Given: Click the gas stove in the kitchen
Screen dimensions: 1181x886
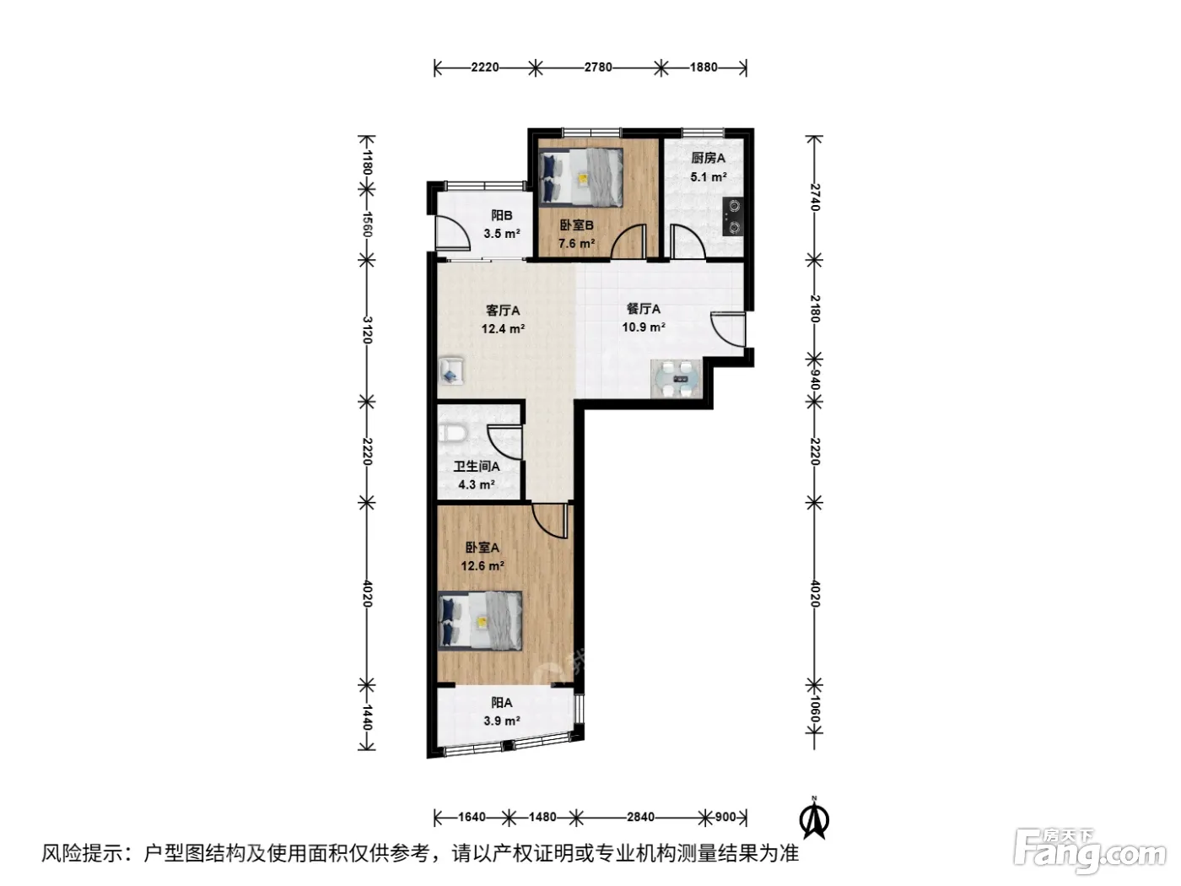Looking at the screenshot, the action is coord(733,217).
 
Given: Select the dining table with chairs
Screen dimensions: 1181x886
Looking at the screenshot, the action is coord(677,379).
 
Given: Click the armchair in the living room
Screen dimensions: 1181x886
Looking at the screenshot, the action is coord(450,370).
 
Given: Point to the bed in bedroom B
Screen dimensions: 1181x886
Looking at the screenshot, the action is coord(581,177).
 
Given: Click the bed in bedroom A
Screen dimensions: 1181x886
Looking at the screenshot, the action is coord(480,621).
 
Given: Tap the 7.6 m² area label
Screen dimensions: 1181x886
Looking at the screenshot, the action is coord(576,243).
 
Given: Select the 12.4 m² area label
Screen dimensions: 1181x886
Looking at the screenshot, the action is coord(503,328).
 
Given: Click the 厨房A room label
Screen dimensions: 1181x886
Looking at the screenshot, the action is coord(708,158).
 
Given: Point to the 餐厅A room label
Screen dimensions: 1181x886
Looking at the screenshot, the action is coord(644,309).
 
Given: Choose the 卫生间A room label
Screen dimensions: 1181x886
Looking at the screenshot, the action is coord(477,466).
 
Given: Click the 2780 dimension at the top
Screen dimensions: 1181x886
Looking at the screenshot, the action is coord(598,68).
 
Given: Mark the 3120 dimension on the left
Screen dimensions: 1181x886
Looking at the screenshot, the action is coord(367,330).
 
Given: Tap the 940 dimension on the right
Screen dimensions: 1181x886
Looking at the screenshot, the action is coord(815,380).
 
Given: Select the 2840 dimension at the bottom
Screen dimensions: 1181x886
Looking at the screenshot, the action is coord(640,817).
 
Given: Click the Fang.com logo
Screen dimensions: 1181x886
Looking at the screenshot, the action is coord(1090,852).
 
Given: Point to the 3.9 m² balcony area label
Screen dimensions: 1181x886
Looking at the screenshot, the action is coord(501,721).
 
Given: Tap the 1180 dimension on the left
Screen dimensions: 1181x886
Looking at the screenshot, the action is coord(367,162).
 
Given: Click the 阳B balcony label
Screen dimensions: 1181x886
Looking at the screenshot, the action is coord(501,215).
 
